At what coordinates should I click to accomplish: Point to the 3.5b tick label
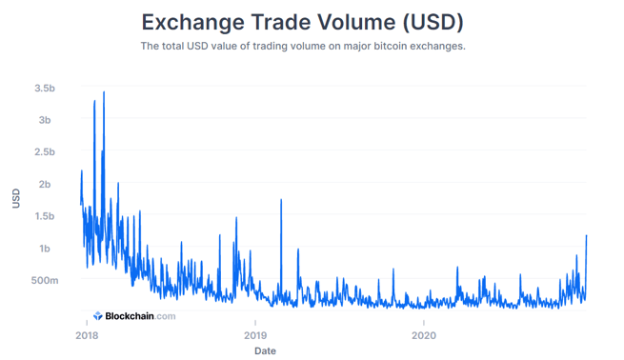[x=44, y=89]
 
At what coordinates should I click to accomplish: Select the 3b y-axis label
[x=47, y=120]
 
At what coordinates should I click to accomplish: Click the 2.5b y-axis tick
[x=44, y=152]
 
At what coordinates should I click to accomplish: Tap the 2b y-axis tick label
[x=47, y=185]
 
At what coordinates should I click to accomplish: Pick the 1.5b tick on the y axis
[x=44, y=216]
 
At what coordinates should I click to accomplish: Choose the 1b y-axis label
[x=47, y=249]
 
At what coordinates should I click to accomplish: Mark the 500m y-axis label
[x=42, y=281]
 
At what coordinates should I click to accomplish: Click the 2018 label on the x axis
[x=87, y=335]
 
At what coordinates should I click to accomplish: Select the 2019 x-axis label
[x=255, y=335]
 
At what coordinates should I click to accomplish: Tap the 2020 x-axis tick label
[x=424, y=335]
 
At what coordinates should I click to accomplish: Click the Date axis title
[x=265, y=350]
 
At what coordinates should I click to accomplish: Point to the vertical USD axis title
[x=16, y=198]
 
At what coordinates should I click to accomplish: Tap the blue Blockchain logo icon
[x=97, y=316]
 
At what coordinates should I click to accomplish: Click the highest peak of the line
[x=103, y=92]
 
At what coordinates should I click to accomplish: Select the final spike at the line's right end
[x=586, y=235]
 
